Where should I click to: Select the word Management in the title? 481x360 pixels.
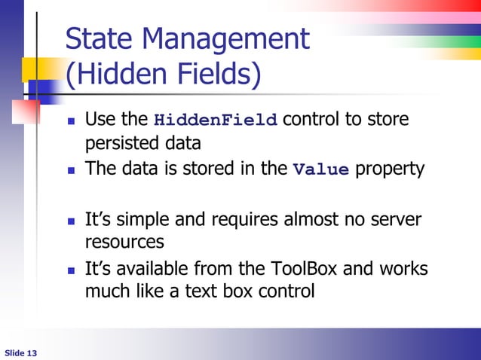tap(226, 39)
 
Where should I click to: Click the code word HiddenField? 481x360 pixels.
tap(216, 121)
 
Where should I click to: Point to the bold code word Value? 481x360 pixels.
tap(320, 169)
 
